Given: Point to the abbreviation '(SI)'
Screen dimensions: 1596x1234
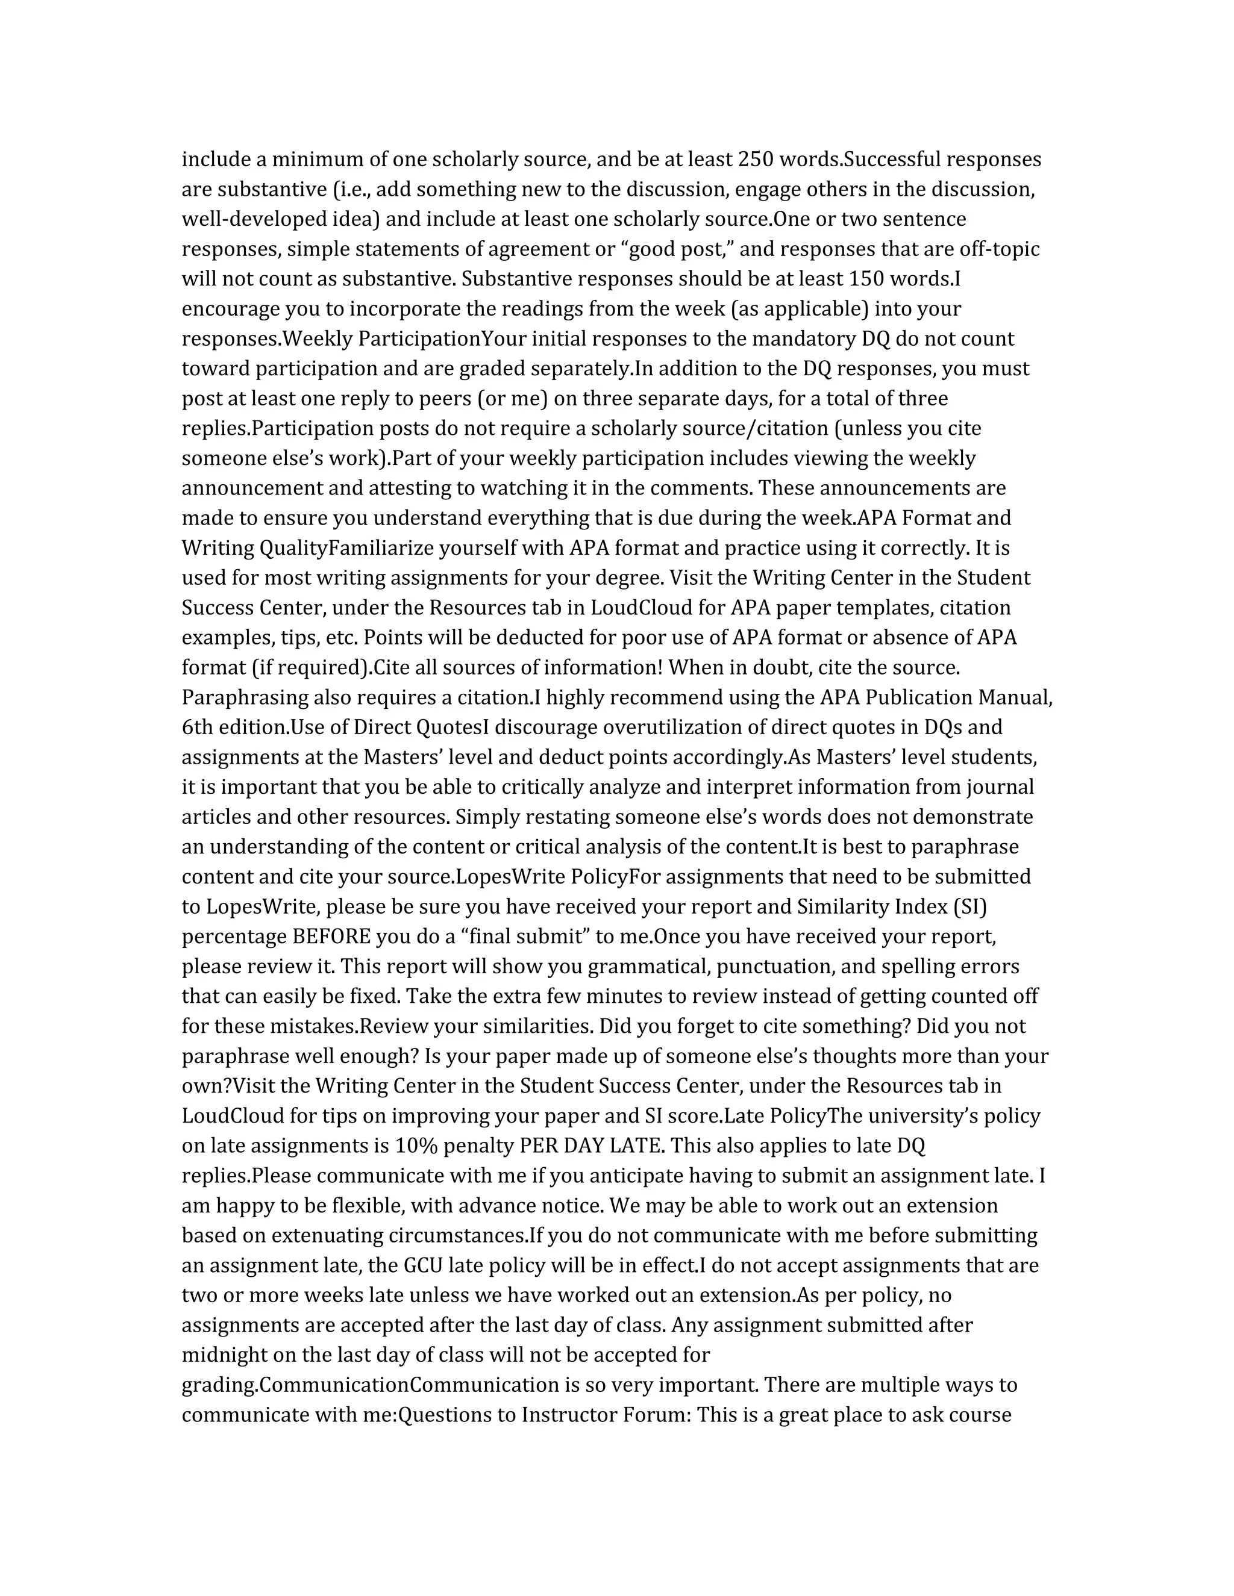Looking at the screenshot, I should click(x=969, y=907).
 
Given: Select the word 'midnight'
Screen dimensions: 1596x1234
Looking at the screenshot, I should click(x=224, y=1356).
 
